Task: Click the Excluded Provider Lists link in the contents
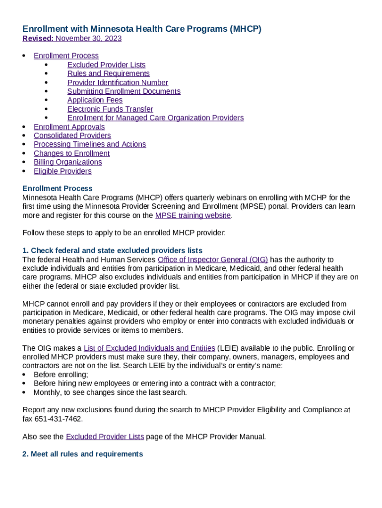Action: [x=106, y=65]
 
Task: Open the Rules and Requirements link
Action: [x=108, y=74]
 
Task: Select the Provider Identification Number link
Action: [x=118, y=83]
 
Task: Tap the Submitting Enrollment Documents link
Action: [x=124, y=91]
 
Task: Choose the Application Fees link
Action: [x=95, y=100]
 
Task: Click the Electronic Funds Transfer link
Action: [x=110, y=109]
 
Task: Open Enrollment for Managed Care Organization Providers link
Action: [x=155, y=118]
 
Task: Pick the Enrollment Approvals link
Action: [x=69, y=127]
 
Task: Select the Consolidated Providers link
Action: [x=72, y=135]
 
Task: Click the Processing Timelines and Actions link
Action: [x=90, y=144]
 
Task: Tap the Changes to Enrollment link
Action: [x=71, y=153]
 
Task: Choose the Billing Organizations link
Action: [x=67, y=162]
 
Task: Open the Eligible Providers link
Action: [x=63, y=171]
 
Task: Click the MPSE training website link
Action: [x=192, y=215]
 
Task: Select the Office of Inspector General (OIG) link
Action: [x=212, y=259]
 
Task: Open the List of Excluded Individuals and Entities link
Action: [x=149, y=348]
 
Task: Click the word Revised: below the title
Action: [x=38, y=39]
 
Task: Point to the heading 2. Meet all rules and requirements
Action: [x=83, y=454]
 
